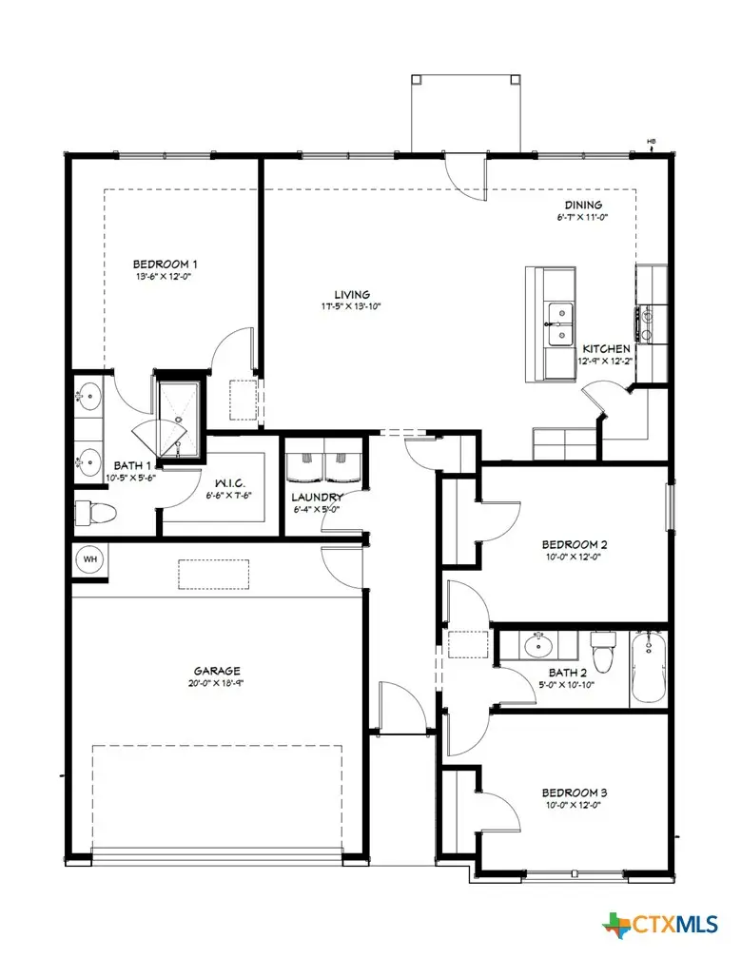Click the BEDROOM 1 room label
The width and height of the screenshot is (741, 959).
tap(165, 264)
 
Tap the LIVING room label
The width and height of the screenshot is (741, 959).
tap(351, 294)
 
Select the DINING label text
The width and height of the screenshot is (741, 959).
tap(583, 205)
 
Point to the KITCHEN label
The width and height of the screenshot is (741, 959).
tap(606, 349)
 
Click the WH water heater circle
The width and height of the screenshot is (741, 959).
tap(90, 559)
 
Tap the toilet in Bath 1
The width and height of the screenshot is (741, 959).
tap(95, 513)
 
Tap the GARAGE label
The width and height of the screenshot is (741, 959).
tap(219, 670)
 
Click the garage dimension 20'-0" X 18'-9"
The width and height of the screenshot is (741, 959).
tap(219, 682)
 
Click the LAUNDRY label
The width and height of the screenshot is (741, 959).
tap(317, 498)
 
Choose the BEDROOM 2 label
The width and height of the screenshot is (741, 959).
tap(575, 545)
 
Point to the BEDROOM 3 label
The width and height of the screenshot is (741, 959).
tap(575, 793)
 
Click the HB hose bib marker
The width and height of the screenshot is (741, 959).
tap(652, 143)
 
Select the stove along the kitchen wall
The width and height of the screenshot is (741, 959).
tap(647, 322)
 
